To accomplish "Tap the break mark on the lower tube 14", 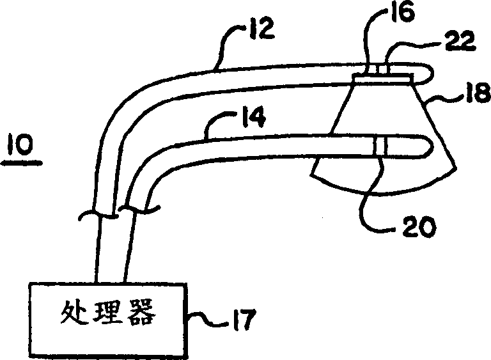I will (139, 208).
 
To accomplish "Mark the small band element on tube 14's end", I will (380, 146).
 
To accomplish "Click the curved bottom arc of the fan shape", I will (384, 191).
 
